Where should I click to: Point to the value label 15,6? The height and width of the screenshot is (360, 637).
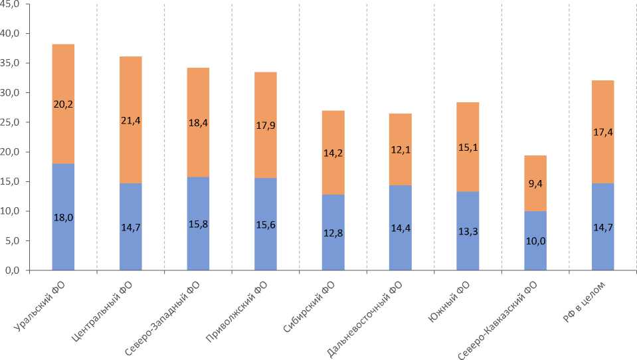(266, 225)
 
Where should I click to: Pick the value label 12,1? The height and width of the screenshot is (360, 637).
(401, 150)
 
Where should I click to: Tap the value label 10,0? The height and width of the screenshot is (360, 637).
(535, 241)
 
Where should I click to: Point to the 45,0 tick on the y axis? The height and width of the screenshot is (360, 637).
(14, 4)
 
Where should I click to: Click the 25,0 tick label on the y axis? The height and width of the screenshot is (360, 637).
(14, 122)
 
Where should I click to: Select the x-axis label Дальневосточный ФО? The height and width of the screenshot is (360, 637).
(366, 319)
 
